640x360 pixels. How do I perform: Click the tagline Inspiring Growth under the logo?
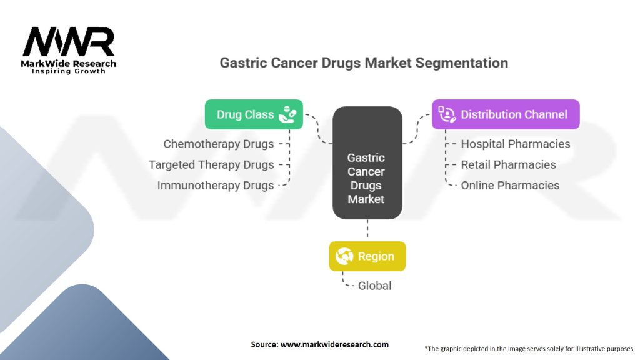(69, 71)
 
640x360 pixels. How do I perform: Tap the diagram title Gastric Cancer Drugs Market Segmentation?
(364, 63)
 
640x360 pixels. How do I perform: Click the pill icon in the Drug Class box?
(287, 114)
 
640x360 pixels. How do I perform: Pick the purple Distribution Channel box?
(506, 114)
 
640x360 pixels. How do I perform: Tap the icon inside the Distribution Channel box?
(447, 114)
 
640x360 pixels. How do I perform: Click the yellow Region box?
(367, 256)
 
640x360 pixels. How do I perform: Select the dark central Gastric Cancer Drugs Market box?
(367, 163)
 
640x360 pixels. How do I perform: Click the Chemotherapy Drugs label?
(219, 144)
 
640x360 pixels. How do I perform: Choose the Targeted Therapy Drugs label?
(211, 164)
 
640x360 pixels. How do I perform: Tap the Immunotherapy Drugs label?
(216, 186)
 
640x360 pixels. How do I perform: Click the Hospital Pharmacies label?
(516, 144)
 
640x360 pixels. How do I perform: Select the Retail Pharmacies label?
(508, 164)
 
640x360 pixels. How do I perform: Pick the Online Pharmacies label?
(510, 186)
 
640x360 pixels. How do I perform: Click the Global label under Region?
(374, 286)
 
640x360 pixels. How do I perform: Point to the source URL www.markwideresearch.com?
(319, 344)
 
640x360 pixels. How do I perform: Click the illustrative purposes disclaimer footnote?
(529, 348)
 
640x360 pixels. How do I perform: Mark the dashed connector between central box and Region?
(367, 230)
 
